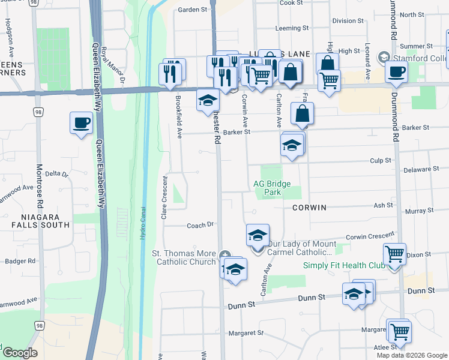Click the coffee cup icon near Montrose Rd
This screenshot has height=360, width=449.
pyautogui.click(x=81, y=123)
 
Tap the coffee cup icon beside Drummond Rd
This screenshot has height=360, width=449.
pyautogui.click(x=396, y=73)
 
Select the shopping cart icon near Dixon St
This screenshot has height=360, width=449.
pyautogui.click(x=394, y=254)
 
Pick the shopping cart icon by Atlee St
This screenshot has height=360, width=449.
pyautogui.click(x=399, y=331)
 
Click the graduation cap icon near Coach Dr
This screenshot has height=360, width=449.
pyautogui.click(x=258, y=235)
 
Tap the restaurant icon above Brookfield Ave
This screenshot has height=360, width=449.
pyautogui.click(x=170, y=73)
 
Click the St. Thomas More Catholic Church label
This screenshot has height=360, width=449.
pyautogui.click(x=186, y=257)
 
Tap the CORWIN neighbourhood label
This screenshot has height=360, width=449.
pyautogui.click(x=309, y=208)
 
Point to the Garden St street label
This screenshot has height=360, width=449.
pyautogui.click(x=192, y=10)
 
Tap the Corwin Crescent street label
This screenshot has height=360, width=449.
pyautogui.click(x=370, y=236)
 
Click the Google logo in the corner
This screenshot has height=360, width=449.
pyautogui.click(x=19, y=352)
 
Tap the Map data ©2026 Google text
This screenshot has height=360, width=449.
pyautogui.click(x=411, y=355)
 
